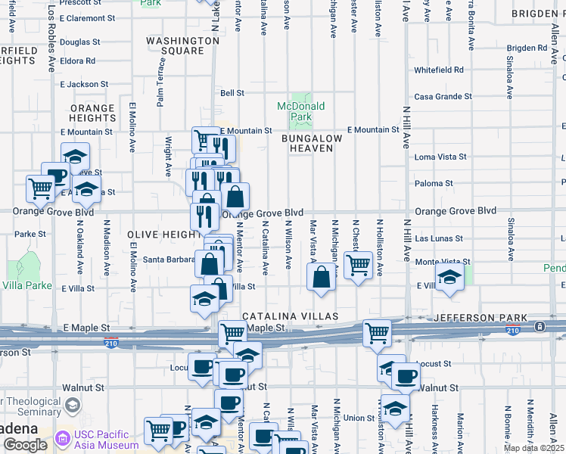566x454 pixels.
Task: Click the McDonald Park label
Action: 300,111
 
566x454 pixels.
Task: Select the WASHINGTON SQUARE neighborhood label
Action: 182,45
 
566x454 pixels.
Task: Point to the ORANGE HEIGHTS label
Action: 92,113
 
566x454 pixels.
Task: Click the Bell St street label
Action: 232,93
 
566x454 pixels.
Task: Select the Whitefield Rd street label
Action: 438,70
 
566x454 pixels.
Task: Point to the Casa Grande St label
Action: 443,97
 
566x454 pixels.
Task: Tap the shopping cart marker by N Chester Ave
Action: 357,265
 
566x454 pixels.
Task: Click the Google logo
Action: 26,445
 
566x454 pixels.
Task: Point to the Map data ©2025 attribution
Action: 533,448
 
